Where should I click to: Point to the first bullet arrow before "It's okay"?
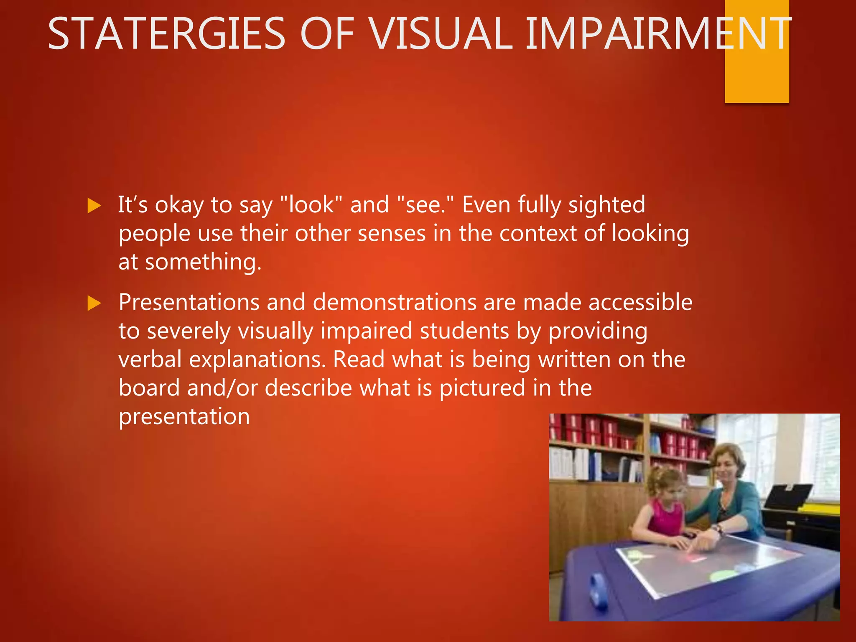94,206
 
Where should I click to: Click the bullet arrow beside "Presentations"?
94,303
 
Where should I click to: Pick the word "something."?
203,262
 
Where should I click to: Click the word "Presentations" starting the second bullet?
189,303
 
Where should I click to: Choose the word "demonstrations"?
394,303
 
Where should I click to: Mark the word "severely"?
189,331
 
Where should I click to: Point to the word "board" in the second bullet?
149,388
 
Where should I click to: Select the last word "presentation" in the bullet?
184,417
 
